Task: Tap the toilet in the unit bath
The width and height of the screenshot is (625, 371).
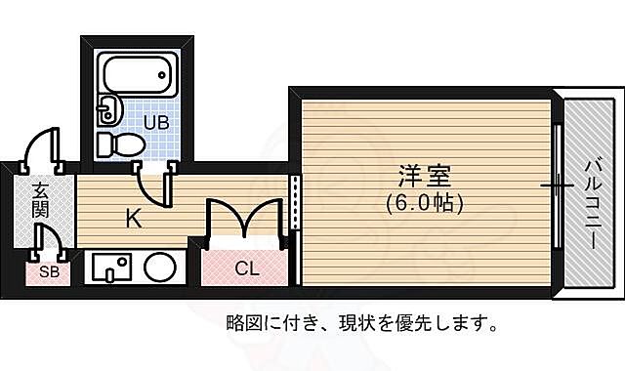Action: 122,145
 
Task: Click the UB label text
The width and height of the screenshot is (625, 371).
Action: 156,122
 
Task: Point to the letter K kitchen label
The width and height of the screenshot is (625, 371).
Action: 132,219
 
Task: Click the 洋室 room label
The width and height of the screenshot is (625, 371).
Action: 423,180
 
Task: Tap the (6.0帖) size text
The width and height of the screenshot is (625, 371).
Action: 423,203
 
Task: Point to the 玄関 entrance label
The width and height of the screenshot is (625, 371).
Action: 40,199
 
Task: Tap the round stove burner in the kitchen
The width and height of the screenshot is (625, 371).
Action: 159,266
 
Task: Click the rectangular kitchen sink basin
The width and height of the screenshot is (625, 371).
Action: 113,266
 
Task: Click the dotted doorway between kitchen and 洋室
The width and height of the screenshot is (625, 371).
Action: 294,204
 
